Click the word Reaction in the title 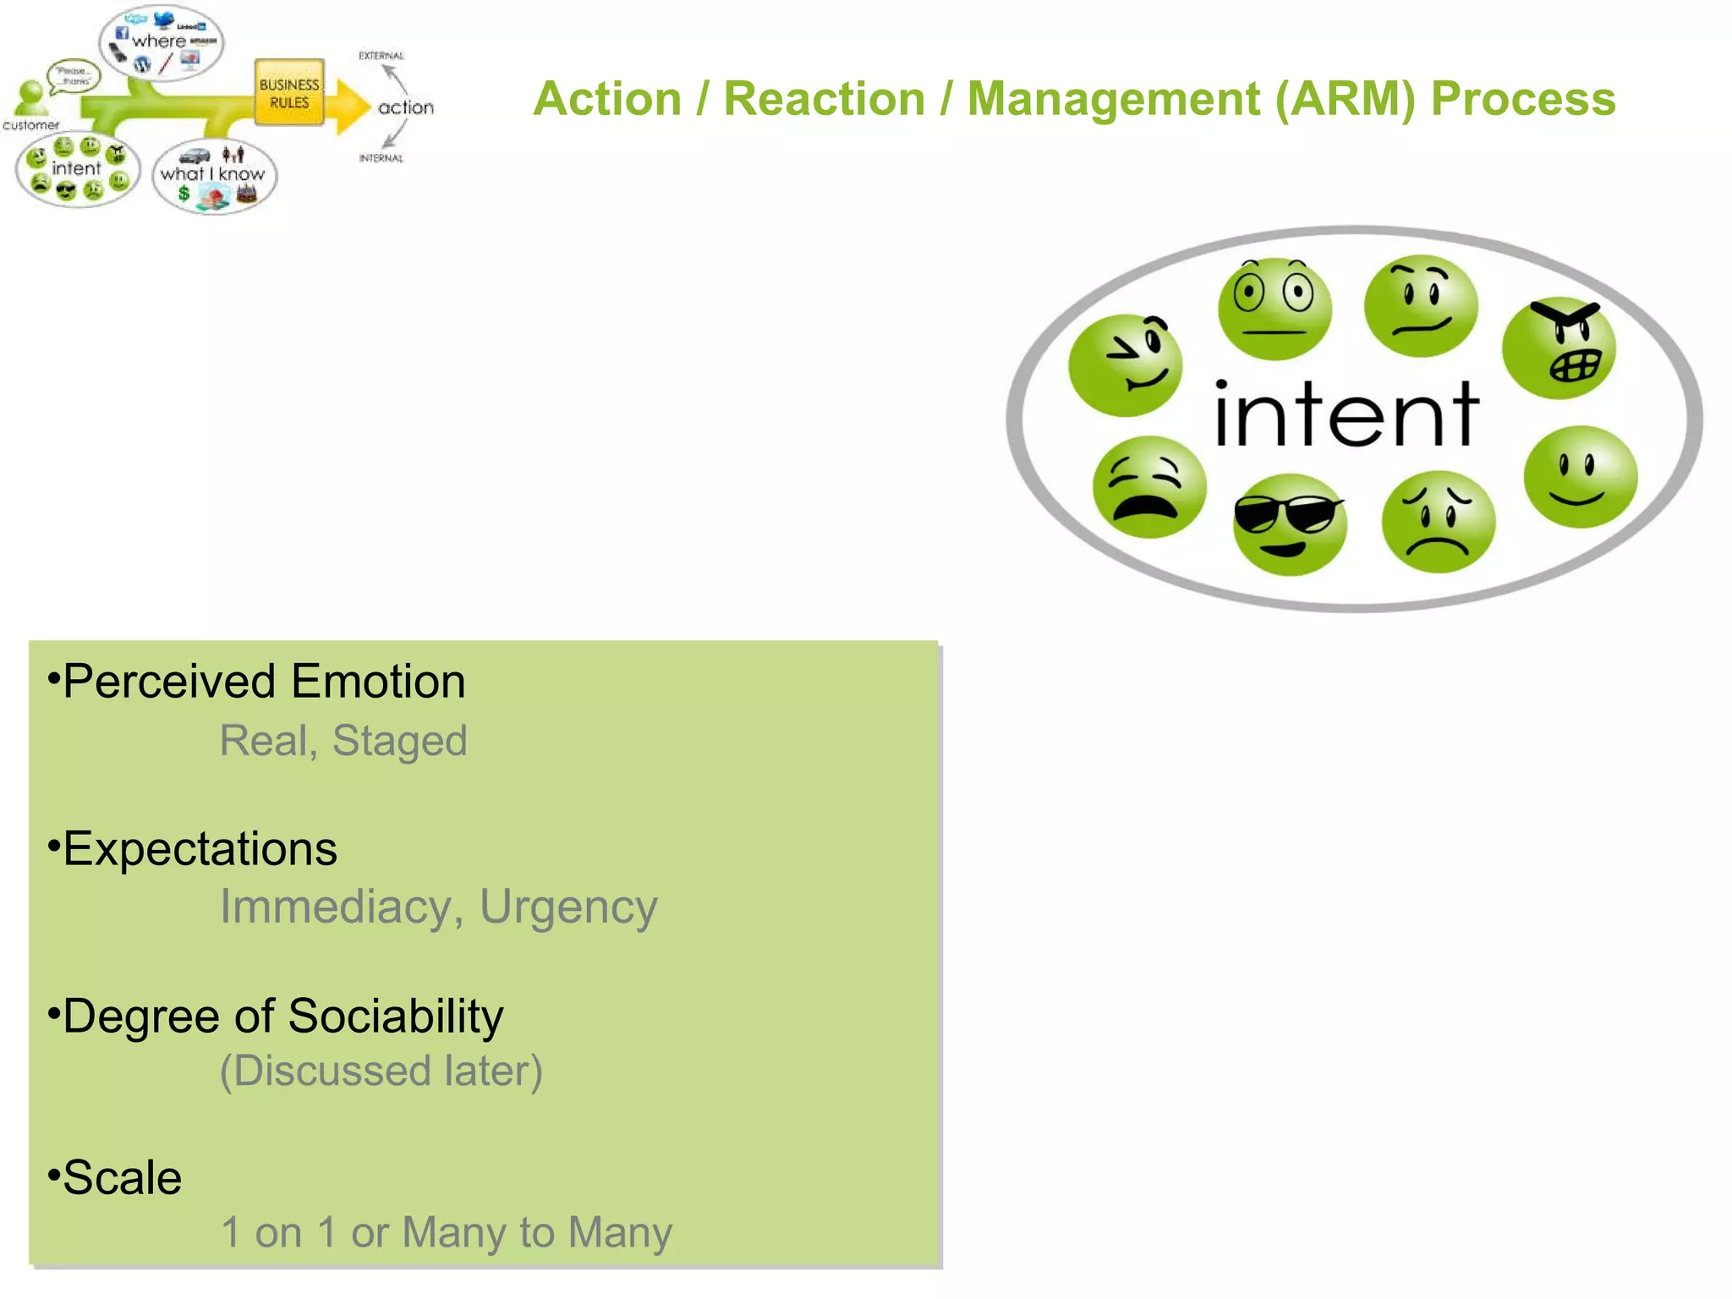(825, 99)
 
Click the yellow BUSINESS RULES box (289, 93)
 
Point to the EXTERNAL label (381, 56)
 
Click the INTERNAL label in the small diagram (381, 158)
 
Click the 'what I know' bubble (214, 176)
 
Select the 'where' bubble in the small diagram (162, 42)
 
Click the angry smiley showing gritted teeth (1559, 348)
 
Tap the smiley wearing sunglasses (1289, 524)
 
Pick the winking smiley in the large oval (1125, 365)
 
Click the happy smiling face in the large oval (1580, 477)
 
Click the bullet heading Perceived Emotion (264, 682)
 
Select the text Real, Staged (343, 741)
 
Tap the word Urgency (568, 907)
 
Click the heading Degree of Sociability (282, 1016)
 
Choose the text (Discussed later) (381, 1072)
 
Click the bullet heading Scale (122, 1178)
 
